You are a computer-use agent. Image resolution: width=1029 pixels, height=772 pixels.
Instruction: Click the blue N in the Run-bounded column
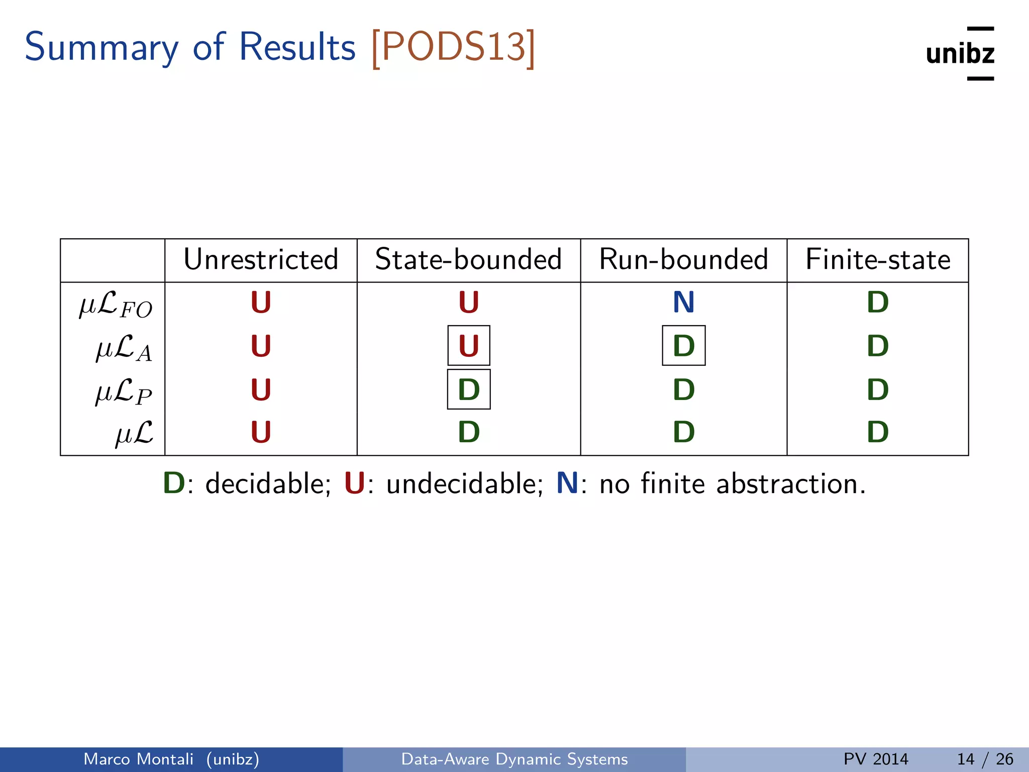click(x=683, y=303)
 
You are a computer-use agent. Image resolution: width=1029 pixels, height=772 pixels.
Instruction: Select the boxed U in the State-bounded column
click(x=469, y=346)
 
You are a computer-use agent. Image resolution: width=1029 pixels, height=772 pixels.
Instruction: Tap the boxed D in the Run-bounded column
click(x=683, y=346)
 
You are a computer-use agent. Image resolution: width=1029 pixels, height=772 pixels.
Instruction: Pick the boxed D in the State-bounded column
click(x=469, y=390)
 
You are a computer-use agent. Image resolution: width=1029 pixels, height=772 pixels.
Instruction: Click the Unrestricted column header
click(x=261, y=260)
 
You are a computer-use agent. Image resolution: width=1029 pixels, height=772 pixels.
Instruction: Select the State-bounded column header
click(x=468, y=260)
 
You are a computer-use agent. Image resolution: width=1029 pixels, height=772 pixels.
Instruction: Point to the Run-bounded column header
click(x=683, y=260)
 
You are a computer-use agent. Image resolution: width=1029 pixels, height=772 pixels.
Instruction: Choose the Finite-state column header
click(x=878, y=260)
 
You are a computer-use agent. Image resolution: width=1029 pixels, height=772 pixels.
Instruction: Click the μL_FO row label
click(x=116, y=305)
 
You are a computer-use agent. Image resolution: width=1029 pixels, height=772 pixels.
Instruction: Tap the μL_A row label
click(x=124, y=348)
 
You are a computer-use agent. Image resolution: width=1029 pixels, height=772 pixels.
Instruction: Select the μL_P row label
click(x=124, y=392)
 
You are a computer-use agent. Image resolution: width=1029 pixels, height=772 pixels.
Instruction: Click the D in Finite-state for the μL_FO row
click(x=878, y=303)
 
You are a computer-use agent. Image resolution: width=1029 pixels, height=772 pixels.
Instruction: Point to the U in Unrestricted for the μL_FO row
click(x=261, y=303)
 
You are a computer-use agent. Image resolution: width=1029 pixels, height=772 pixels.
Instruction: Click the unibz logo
click(x=960, y=53)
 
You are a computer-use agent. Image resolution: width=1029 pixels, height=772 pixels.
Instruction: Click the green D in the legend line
click(x=174, y=484)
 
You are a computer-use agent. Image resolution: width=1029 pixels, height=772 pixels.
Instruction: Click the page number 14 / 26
click(x=985, y=759)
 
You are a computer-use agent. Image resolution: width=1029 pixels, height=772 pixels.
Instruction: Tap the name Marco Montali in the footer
click(x=138, y=759)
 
